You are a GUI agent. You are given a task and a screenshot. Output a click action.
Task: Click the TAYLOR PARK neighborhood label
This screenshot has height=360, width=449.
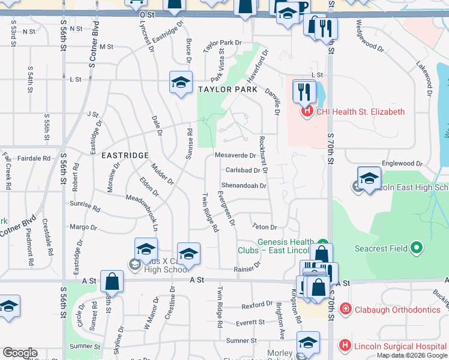point(228,89)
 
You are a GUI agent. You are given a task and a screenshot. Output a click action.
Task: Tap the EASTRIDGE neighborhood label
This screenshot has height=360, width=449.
point(124,155)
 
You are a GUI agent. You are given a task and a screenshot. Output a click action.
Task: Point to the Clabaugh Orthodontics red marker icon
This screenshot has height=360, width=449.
point(346,310)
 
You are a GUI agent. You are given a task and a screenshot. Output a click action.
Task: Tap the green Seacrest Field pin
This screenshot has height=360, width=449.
point(417,248)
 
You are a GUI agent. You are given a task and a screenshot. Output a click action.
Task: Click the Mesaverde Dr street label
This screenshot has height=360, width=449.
point(235,155)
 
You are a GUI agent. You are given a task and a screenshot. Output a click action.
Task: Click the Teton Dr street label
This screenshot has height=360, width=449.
point(264,227)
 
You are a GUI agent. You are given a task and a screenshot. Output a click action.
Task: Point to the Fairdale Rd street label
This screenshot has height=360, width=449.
point(34,158)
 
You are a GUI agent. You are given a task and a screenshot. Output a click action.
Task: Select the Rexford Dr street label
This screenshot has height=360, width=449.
point(258,305)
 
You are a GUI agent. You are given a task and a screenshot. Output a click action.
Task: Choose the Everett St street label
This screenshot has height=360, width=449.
point(250,322)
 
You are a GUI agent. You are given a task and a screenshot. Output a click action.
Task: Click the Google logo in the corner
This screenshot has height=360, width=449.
point(20,353)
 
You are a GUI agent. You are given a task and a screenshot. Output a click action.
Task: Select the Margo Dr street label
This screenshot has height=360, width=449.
point(83,227)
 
